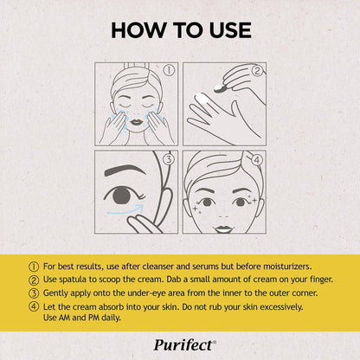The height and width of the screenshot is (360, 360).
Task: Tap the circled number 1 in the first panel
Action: coord(170,70)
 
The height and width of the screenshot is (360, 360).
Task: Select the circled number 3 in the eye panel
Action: coord(170,159)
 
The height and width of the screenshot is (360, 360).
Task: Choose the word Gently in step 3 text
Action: coord(51,294)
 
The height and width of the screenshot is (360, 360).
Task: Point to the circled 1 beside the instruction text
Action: coord(33,267)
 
